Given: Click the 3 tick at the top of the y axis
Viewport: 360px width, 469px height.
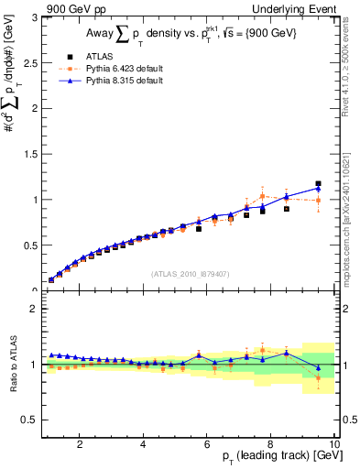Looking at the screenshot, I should click(35, 17).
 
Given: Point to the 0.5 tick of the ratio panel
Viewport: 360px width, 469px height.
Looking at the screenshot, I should click(30, 420).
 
